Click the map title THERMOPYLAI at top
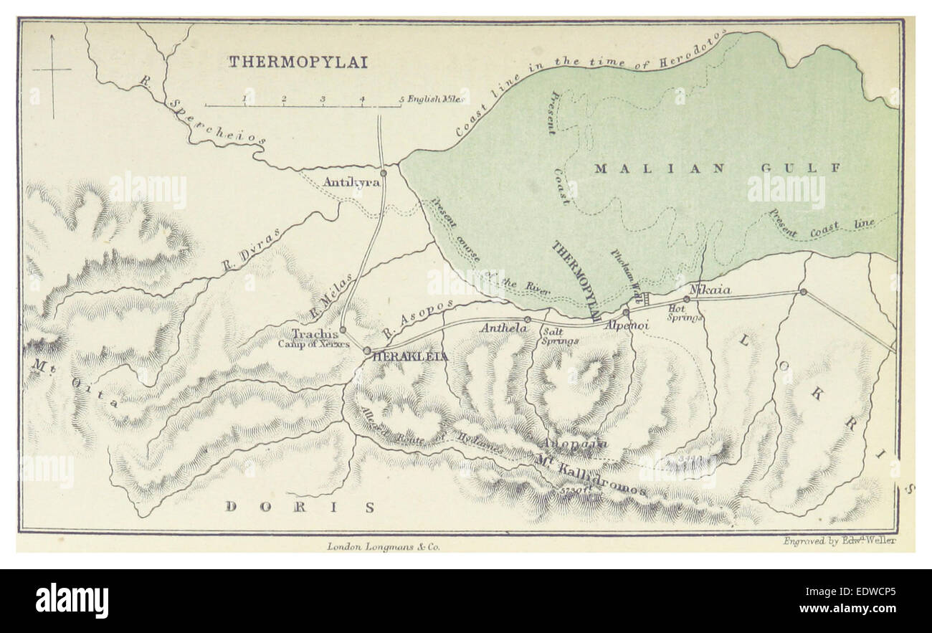(x=298, y=62)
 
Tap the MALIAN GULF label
(x=717, y=168)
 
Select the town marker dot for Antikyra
(x=384, y=173)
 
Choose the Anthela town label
(x=503, y=328)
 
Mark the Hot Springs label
(x=685, y=313)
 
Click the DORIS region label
(x=300, y=508)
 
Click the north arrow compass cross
(x=52, y=70)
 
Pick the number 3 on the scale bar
(x=323, y=99)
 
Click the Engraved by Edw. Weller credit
(x=839, y=541)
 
